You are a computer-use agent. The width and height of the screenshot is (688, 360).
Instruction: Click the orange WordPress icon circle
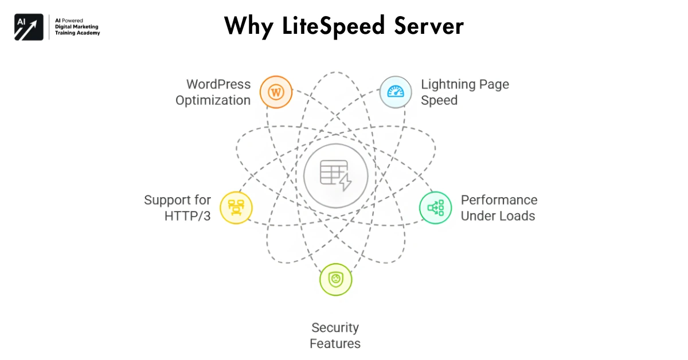coord(276,92)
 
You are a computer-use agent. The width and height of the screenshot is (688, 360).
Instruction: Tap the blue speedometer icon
coord(395,92)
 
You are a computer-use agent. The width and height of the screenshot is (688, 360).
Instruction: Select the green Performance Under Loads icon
coord(435,208)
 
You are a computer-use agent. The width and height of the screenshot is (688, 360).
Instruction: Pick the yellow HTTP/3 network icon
coord(236,208)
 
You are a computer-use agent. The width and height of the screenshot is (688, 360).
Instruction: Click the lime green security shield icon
coord(335,280)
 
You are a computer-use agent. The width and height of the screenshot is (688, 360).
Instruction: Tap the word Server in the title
coord(429,26)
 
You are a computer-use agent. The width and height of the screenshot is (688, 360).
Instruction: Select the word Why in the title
coord(247,26)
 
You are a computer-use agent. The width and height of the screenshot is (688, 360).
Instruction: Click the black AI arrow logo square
coord(29,26)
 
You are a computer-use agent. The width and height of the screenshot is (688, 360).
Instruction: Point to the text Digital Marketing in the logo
coord(76,26)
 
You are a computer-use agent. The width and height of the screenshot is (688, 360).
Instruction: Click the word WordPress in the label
coord(218,84)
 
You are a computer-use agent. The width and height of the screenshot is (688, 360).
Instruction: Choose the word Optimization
coord(213,100)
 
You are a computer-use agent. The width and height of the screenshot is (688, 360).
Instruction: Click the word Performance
coord(499,200)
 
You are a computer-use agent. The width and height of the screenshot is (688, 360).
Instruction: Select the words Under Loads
coord(498,216)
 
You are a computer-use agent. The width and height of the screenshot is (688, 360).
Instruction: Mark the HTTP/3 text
coord(187,216)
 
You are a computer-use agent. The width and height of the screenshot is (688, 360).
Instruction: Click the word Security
coord(335,328)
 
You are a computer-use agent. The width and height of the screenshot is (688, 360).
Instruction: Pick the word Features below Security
coord(335,344)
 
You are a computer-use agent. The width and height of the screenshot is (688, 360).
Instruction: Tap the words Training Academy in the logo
coord(77,33)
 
